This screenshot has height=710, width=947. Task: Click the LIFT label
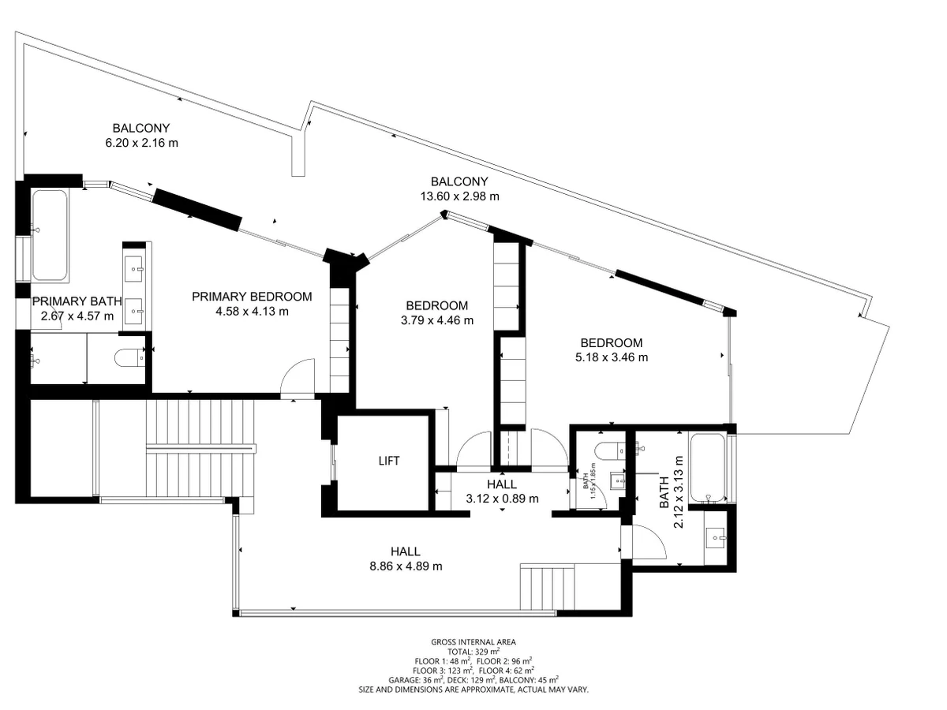[389, 461]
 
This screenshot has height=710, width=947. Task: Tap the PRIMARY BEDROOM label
[252, 297]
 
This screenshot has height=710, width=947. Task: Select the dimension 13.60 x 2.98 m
[459, 196]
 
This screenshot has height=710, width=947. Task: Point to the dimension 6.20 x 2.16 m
[141, 143]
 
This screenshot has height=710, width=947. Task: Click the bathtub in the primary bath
[50, 235]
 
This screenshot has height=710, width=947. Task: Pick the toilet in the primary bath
[130, 357]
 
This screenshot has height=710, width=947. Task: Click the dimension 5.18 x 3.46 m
[612, 357]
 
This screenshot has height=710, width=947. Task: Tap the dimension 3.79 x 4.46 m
[437, 320]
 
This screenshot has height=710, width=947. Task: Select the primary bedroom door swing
[298, 378]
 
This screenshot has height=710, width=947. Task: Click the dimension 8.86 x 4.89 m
[406, 566]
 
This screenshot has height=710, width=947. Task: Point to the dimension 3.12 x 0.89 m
[502, 499]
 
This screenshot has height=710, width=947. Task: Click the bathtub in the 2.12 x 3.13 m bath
[707, 468]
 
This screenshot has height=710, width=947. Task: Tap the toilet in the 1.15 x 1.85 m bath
[610, 451]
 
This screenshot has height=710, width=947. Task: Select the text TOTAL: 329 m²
[473, 652]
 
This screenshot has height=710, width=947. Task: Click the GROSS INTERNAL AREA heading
[473, 642]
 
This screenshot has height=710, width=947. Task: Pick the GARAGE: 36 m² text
[417, 680]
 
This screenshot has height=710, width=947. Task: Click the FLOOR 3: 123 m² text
[442, 671]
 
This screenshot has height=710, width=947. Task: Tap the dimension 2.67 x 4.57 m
[77, 316]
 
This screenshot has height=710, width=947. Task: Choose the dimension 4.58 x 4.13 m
[252, 312]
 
